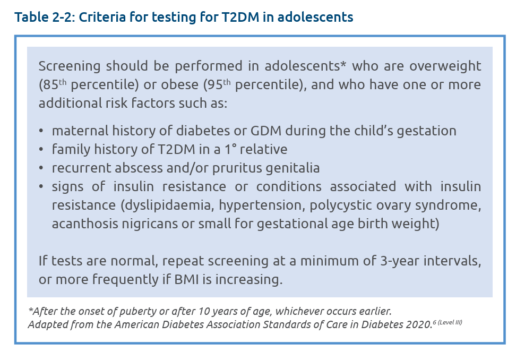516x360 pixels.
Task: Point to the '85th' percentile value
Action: point(53,84)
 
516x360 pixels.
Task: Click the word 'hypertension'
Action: point(258,205)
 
